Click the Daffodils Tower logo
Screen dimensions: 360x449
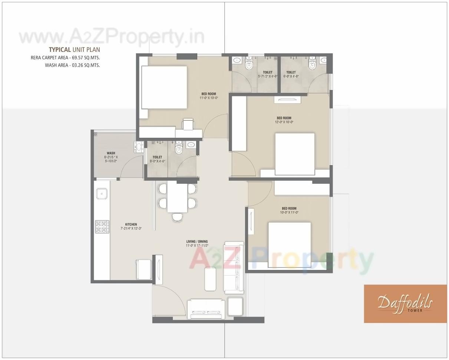click(405, 303)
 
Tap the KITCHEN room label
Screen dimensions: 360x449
click(131, 224)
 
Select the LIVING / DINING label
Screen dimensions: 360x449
click(197, 241)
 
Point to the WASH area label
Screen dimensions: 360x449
click(110, 153)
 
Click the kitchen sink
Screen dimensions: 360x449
click(102, 193)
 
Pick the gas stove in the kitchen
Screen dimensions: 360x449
click(102, 226)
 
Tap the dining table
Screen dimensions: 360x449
click(177, 197)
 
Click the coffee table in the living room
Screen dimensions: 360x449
click(211, 279)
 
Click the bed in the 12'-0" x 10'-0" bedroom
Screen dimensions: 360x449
click(294, 154)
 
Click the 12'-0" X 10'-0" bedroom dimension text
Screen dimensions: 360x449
click(284, 122)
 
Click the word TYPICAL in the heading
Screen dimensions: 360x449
click(60, 50)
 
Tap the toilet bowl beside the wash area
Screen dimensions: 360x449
click(179, 149)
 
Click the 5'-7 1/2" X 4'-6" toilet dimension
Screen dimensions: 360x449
click(267, 76)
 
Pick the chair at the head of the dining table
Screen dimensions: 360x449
click(177, 217)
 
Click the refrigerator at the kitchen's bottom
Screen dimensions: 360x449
click(144, 270)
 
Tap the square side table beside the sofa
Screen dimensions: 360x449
click(235, 306)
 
